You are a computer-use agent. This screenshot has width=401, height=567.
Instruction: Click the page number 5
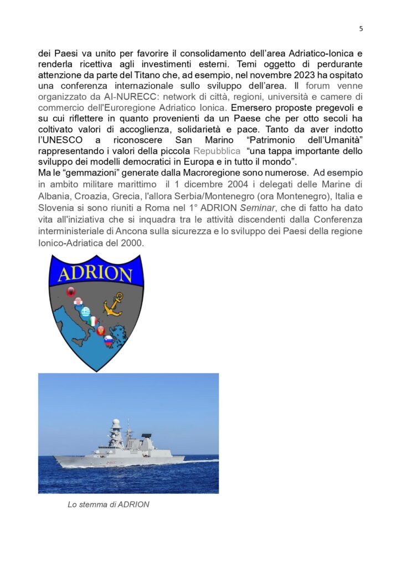(x=361, y=29)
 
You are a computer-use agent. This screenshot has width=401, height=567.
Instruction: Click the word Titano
(x=178, y=76)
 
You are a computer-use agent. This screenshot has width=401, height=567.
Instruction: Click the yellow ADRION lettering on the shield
(x=96, y=274)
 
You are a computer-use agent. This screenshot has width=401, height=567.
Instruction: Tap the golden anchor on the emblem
(x=115, y=304)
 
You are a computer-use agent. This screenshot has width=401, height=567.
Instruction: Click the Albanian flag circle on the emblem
(x=71, y=292)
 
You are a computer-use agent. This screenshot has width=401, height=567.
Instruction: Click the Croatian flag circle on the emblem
(x=78, y=302)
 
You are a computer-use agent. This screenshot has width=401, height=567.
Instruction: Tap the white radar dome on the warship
(x=116, y=424)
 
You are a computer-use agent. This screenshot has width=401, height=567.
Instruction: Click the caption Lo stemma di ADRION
(x=109, y=504)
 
